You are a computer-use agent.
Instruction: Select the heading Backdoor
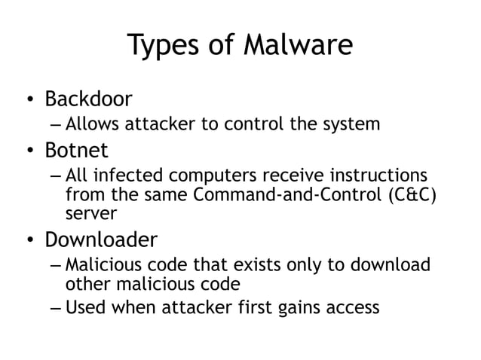point(88,99)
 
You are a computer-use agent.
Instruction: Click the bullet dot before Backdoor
point(27,99)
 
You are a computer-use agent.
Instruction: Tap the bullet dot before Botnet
point(27,150)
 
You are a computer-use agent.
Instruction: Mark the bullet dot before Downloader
point(27,241)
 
